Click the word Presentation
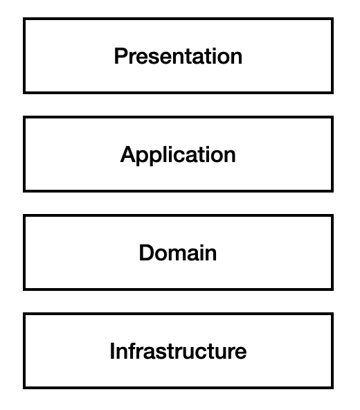click(x=179, y=56)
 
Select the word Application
click(x=178, y=156)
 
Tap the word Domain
click(x=178, y=253)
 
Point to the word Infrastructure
click(x=178, y=351)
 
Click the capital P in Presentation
click(x=121, y=56)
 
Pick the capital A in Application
click(x=128, y=154)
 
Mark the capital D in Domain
click(x=147, y=253)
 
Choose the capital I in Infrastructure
click(x=112, y=351)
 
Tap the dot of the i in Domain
click(x=206, y=246)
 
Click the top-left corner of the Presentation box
click(x=24, y=19)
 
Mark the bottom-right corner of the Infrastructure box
click(x=332, y=388)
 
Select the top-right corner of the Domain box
click(x=332, y=215)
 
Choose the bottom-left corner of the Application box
click(x=24, y=191)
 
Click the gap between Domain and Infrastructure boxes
click(x=178, y=301)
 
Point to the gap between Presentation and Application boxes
click(x=178, y=105)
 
